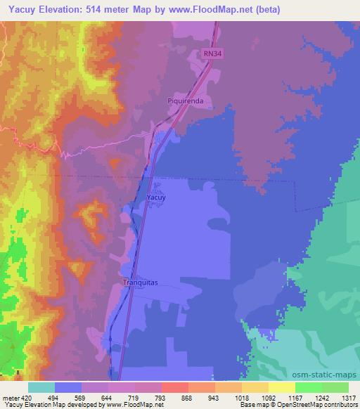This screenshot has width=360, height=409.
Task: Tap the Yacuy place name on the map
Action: click(156, 198)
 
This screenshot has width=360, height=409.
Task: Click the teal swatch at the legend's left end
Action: click(41, 387)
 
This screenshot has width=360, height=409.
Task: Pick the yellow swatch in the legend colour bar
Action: click(281, 387)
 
